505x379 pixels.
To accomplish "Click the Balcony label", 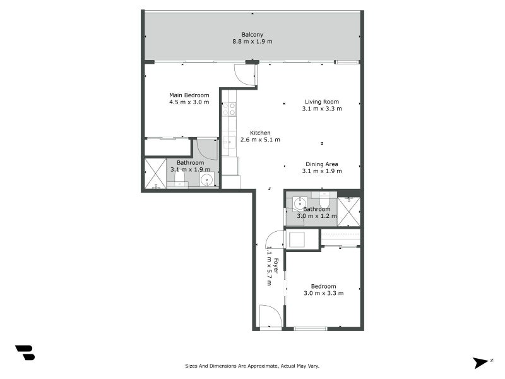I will (252, 35).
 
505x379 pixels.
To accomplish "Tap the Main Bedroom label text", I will (189, 95).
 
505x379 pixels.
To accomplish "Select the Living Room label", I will (322, 102).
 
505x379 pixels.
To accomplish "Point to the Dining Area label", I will (322, 164).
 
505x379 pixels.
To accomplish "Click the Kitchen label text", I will (260, 133).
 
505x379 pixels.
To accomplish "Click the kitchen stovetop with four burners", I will (229, 109).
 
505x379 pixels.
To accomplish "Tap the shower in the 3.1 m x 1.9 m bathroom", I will (155, 174).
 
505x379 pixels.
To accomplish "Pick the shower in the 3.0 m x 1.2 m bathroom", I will (348, 212).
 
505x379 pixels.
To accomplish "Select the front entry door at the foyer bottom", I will (270, 316).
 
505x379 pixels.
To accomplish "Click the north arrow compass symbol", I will (482, 363).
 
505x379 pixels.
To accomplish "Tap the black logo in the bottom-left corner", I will (25, 352).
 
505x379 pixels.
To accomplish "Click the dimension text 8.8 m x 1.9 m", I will (252, 42).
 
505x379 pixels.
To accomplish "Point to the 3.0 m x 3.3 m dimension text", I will (323, 293).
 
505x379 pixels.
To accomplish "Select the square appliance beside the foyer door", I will (296, 239).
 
